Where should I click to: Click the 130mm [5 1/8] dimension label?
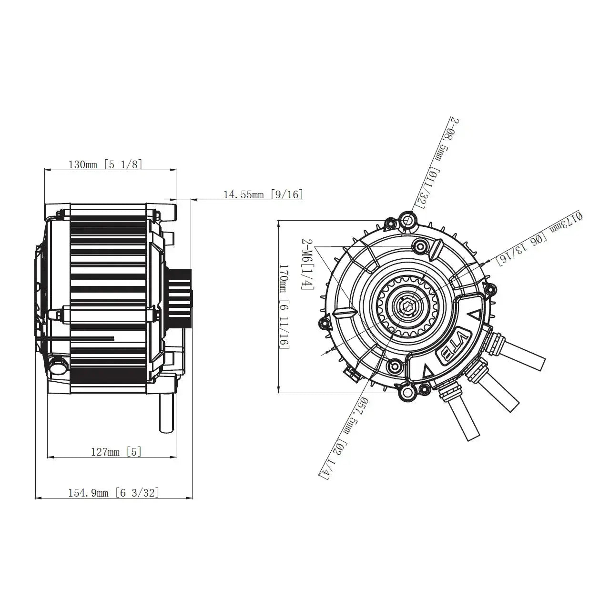(x=105, y=165)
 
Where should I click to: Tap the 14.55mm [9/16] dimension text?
(x=263, y=194)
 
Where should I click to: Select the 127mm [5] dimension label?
(x=116, y=452)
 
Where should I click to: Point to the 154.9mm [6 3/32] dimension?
(x=114, y=493)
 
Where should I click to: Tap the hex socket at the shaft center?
(x=408, y=306)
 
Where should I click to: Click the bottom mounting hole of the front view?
(x=408, y=393)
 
